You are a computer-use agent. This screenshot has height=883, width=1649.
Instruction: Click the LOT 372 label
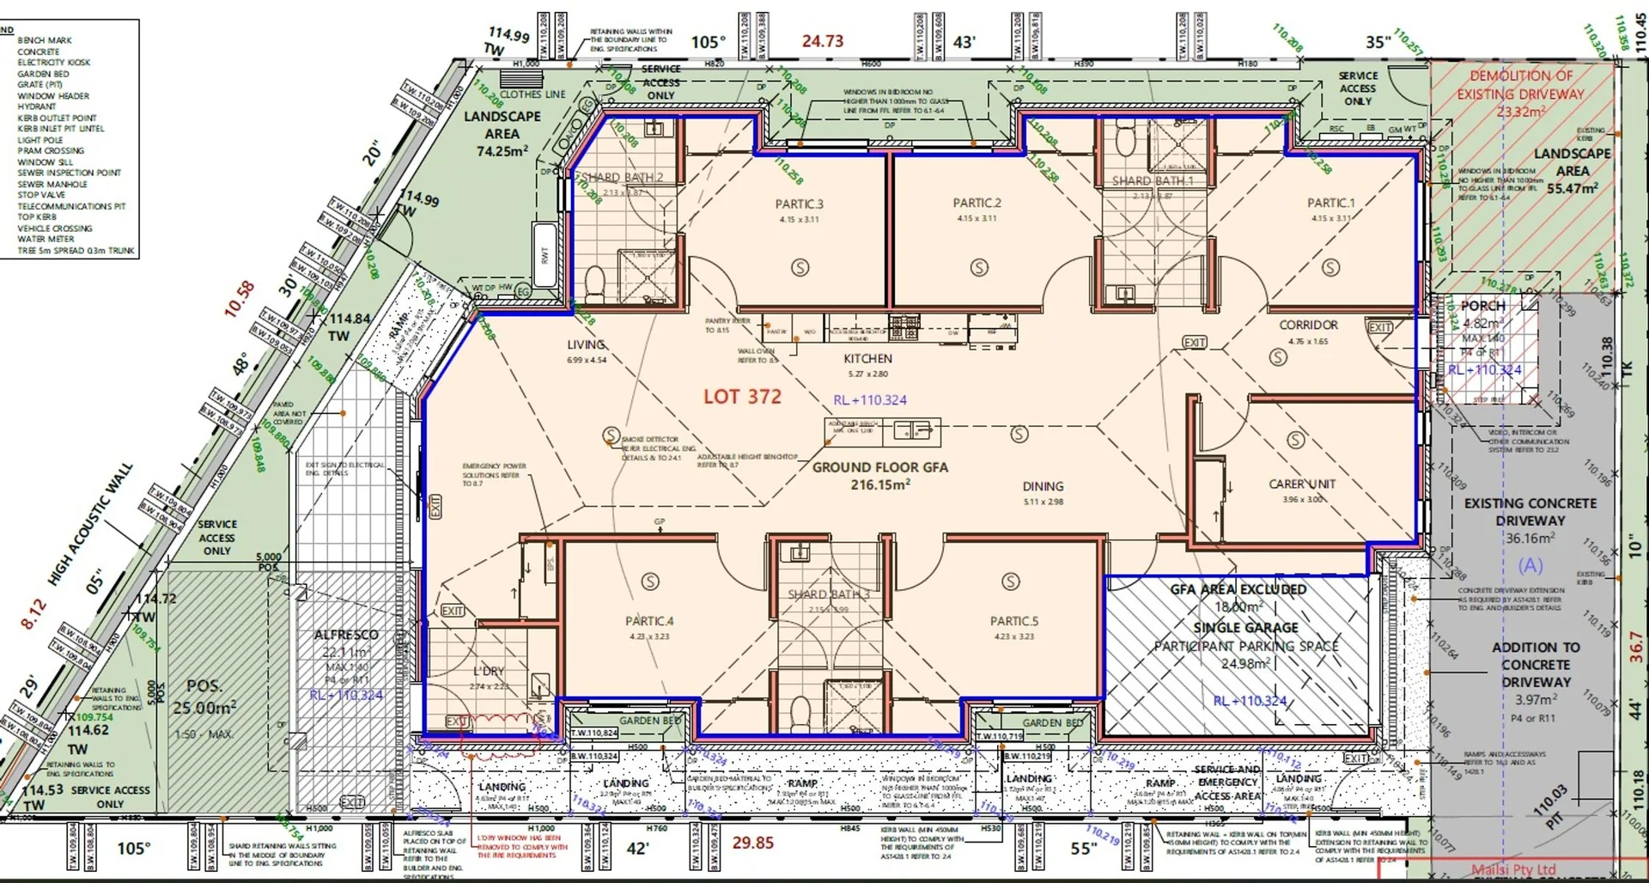(742, 397)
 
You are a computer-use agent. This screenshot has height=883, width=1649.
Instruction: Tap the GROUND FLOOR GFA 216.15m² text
(879, 475)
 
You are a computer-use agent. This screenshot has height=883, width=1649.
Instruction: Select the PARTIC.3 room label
(799, 204)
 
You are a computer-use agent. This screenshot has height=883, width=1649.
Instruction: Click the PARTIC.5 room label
(1013, 621)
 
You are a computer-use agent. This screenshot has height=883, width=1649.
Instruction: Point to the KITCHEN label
(867, 359)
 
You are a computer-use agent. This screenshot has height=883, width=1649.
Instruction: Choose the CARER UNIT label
(1302, 484)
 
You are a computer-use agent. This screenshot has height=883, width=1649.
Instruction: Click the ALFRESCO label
(345, 635)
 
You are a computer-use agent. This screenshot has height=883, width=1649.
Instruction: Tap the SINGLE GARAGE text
(1245, 628)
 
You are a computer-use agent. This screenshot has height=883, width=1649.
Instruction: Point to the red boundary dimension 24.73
(822, 41)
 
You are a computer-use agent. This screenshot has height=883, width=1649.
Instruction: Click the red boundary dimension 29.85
(752, 843)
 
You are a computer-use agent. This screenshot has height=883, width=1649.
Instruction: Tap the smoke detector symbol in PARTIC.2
(978, 267)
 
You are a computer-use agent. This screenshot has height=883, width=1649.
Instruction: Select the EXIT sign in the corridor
(1194, 342)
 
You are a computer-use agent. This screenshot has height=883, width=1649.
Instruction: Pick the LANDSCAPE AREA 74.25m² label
(502, 133)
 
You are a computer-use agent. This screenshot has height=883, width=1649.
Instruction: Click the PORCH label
(1483, 306)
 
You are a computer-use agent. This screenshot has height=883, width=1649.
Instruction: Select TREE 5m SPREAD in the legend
(76, 251)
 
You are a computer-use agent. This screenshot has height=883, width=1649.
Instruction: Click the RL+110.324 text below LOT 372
(869, 400)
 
